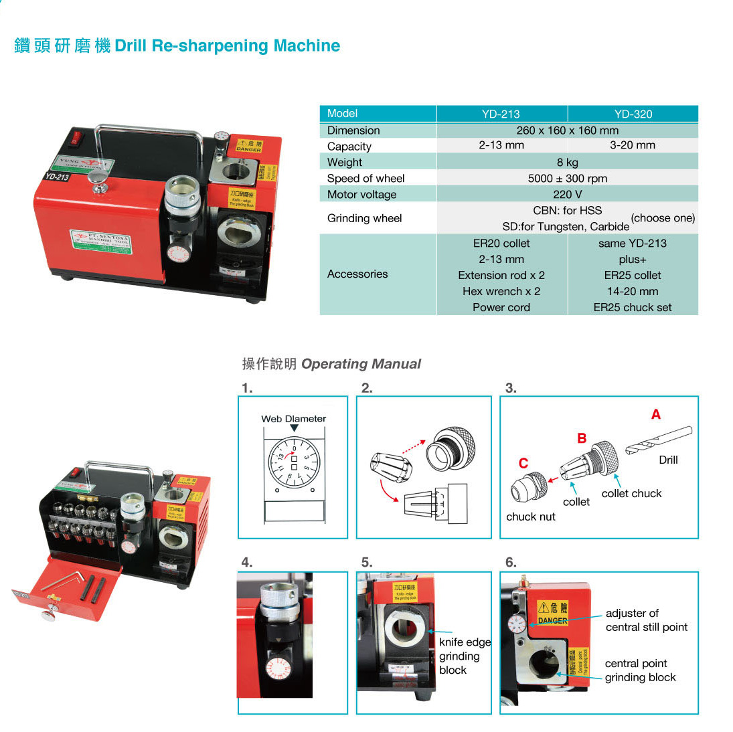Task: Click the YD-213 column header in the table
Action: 501,114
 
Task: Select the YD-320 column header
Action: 633,114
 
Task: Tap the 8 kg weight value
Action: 567,162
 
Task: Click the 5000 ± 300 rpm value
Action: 567,179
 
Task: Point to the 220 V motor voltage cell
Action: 567,195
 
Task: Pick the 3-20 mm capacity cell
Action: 633,145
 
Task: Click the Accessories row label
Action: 357,274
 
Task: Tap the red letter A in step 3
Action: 655,415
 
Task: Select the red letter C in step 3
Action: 523,463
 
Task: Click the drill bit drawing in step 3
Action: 659,440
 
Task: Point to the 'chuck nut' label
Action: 530,517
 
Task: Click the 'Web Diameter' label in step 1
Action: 293,419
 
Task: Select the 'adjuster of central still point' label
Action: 646,620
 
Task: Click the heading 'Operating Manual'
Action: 360,364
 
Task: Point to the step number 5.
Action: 366,562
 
